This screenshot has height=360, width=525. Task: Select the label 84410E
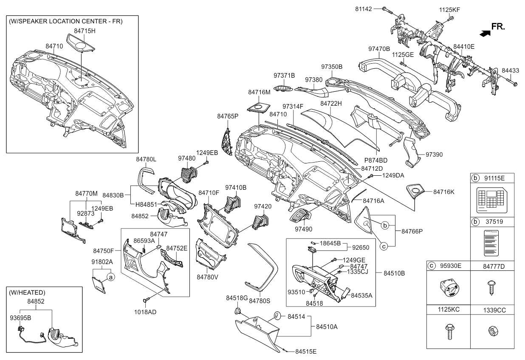pyautogui.click(x=464, y=47)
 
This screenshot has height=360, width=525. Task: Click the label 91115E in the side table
pyautogui.click(x=494, y=178)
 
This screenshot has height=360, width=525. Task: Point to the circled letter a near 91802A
pyautogui.click(x=110, y=277)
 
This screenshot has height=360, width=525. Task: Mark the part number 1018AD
pyautogui.click(x=146, y=312)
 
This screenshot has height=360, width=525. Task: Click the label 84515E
pyautogui.click(x=306, y=352)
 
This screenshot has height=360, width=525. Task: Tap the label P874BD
pyautogui.click(x=376, y=160)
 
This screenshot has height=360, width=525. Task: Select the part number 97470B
pyautogui.click(x=379, y=49)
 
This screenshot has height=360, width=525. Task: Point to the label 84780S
pyautogui.click(x=260, y=301)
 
